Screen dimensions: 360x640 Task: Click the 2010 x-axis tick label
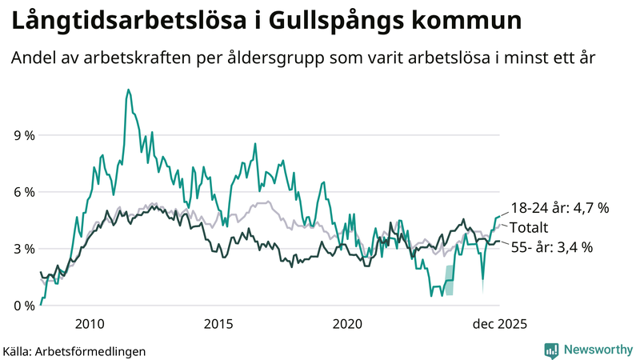click(x=89, y=324)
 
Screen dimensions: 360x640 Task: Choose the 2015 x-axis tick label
click(x=218, y=324)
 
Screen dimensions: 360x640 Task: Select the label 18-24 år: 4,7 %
click(x=559, y=208)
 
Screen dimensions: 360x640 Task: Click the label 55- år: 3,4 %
click(x=551, y=247)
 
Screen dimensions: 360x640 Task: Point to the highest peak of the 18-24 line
click(x=128, y=90)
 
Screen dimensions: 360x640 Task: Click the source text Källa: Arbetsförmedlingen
click(x=74, y=350)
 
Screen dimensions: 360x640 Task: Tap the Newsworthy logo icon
click(x=551, y=350)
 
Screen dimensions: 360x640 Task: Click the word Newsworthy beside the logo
click(x=597, y=350)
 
